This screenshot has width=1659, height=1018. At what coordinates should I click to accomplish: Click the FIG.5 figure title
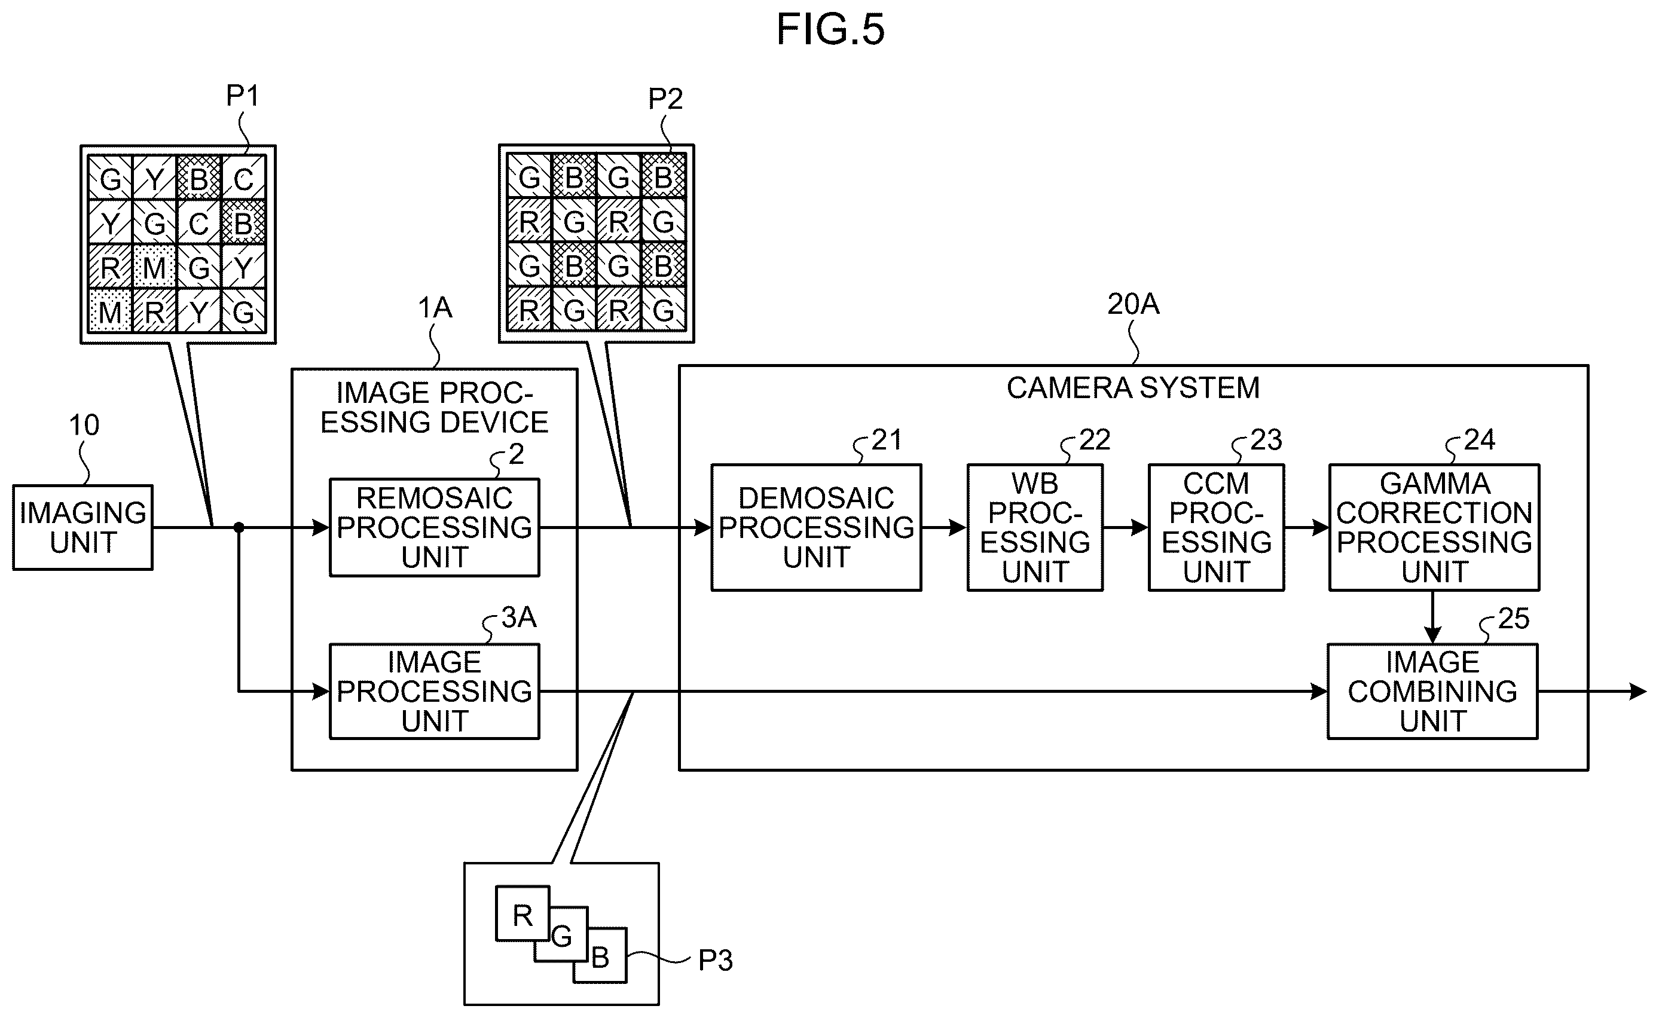(x=830, y=30)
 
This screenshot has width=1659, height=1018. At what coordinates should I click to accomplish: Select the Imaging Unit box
(x=83, y=527)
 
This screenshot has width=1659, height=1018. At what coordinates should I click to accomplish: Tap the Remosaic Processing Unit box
(x=434, y=527)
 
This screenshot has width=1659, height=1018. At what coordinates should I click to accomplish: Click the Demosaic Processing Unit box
(x=816, y=527)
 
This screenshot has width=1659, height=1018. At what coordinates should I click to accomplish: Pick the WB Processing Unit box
(x=1035, y=527)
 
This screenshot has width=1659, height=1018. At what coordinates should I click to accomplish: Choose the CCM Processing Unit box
(x=1216, y=527)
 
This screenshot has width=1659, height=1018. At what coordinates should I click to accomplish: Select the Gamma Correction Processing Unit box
(x=1434, y=527)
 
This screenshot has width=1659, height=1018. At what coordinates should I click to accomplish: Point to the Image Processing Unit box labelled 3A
(x=434, y=692)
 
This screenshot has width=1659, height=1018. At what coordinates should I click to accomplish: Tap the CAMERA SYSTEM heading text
(x=1133, y=388)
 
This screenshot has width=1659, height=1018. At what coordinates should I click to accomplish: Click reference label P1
(x=242, y=96)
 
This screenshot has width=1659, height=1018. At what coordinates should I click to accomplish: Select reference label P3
(x=715, y=960)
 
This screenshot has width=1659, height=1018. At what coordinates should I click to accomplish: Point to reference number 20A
(x=1133, y=304)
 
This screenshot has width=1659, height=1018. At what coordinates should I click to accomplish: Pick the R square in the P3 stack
(x=523, y=913)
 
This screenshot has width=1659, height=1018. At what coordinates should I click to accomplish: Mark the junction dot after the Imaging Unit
(x=239, y=527)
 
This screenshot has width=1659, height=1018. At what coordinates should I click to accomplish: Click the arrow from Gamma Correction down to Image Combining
(x=1433, y=617)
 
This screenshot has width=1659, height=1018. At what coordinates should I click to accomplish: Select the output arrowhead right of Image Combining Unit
(x=1637, y=692)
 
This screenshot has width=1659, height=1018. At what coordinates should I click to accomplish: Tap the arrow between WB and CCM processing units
(x=1126, y=527)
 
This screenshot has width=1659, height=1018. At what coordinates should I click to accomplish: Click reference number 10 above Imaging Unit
(x=84, y=426)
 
